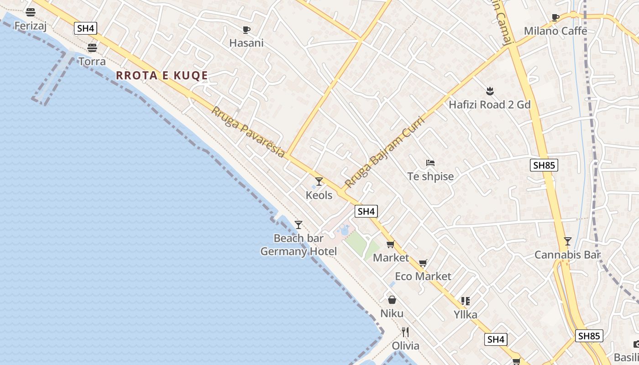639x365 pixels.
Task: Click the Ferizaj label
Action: [31, 26]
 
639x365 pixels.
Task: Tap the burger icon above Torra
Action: [92, 47]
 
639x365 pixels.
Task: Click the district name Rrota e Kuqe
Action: [162, 76]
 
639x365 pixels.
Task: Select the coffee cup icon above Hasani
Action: [246, 30]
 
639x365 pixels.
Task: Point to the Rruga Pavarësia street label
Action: [248, 132]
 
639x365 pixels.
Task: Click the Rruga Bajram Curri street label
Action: [384, 152]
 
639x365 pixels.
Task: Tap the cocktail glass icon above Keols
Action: [319, 182]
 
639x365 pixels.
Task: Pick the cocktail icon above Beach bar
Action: [299, 224]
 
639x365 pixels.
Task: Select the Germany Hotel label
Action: [299, 251]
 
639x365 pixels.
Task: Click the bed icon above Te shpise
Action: [430, 162]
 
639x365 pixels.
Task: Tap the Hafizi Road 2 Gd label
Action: [490, 104]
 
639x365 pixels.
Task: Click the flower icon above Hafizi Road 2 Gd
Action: [490, 91]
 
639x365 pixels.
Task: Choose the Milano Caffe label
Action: [555, 31]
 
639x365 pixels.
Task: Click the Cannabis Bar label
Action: [567, 255]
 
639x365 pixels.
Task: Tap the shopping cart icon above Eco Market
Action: [423, 263]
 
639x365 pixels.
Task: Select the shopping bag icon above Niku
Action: [392, 300]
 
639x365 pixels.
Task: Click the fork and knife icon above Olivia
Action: [405, 332]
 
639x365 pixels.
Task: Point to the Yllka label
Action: [466, 314]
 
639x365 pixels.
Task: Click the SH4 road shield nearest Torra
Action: [86, 28]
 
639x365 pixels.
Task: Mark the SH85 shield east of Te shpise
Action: [544, 165]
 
